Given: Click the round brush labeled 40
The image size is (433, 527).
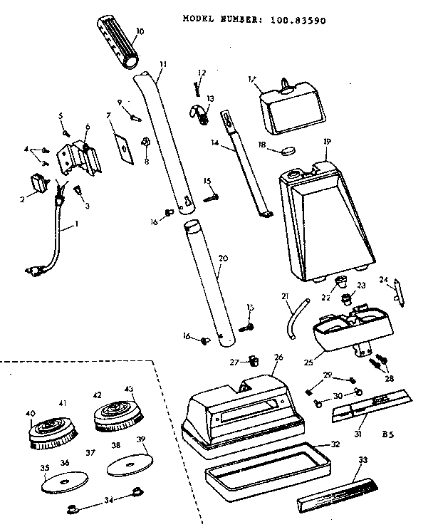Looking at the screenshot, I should [51, 431].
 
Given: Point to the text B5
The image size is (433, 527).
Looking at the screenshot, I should [390, 432].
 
